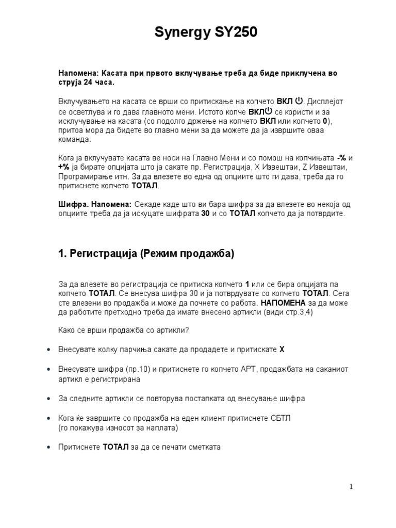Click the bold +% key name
pyautogui.click(x=64, y=168)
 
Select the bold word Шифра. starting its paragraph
pyautogui.click(x=70, y=204)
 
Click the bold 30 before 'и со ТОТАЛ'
pyautogui.click(x=205, y=213)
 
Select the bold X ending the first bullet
pyautogui.click(x=282, y=350)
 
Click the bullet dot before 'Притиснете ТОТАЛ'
pyautogui.click(x=48, y=447)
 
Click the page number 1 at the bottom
pyautogui.click(x=351, y=487)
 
